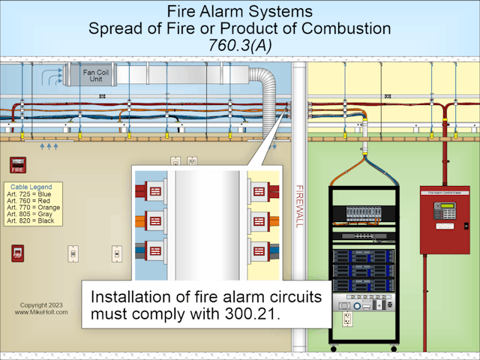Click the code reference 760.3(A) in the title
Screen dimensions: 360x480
click(239, 46)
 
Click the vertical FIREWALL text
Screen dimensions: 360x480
click(300, 205)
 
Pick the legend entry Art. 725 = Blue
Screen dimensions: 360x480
click(33, 193)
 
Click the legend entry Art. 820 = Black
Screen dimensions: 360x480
click(34, 220)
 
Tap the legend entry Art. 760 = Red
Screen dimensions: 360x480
click(33, 200)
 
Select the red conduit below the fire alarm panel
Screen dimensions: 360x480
click(426, 300)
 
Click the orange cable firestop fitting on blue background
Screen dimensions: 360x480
click(155, 221)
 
